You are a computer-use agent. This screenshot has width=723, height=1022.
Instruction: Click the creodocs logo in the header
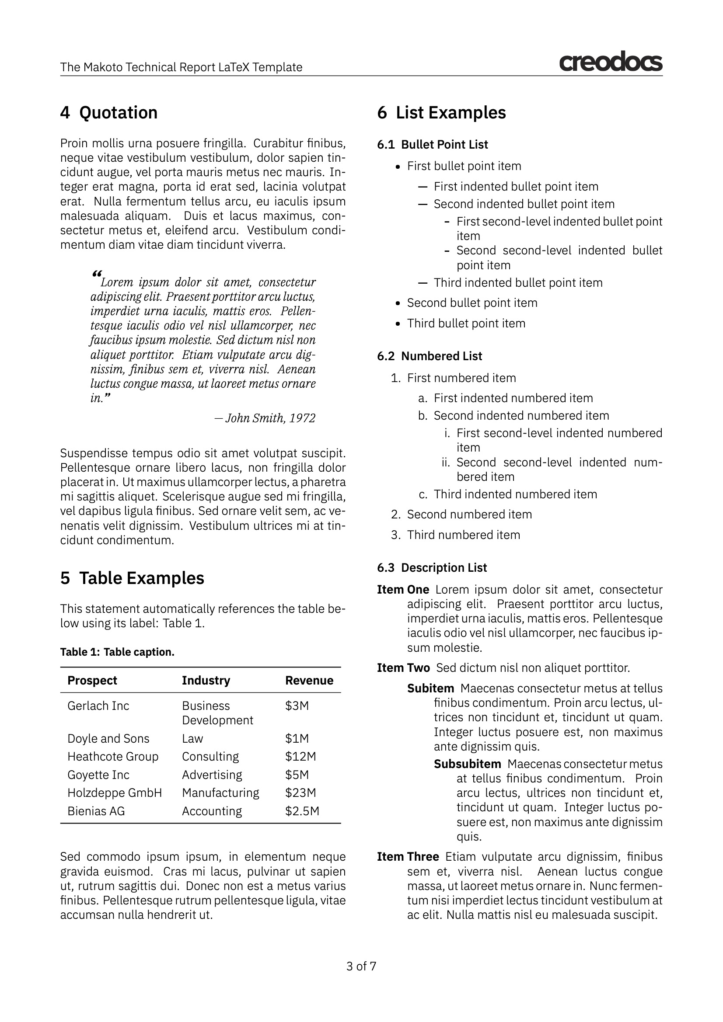click(x=610, y=62)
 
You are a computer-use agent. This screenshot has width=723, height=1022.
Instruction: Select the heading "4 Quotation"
click(x=109, y=113)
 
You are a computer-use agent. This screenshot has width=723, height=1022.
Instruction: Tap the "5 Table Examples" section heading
click(x=132, y=578)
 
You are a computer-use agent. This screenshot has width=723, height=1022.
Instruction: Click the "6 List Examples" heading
click(x=441, y=113)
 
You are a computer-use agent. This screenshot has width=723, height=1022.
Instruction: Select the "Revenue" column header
click(x=309, y=681)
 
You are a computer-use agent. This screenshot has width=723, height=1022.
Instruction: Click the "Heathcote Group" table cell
click(x=113, y=757)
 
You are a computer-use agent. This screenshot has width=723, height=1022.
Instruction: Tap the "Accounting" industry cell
click(x=212, y=811)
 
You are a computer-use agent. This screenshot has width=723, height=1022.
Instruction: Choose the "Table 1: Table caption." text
click(x=117, y=652)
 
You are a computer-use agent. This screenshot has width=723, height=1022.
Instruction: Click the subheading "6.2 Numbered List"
click(x=429, y=356)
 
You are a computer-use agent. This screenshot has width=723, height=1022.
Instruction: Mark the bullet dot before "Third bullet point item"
click(x=398, y=324)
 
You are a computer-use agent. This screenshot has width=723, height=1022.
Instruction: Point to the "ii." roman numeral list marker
click(x=446, y=462)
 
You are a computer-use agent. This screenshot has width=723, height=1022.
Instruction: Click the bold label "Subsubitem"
click(x=467, y=764)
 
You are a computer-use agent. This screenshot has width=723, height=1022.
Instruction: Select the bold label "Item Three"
click(x=408, y=857)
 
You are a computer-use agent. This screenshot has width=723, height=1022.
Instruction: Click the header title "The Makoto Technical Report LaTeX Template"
click(x=181, y=67)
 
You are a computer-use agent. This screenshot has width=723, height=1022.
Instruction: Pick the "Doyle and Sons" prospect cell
click(x=108, y=738)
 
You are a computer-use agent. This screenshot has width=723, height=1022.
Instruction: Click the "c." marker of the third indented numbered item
click(x=423, y=494)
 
